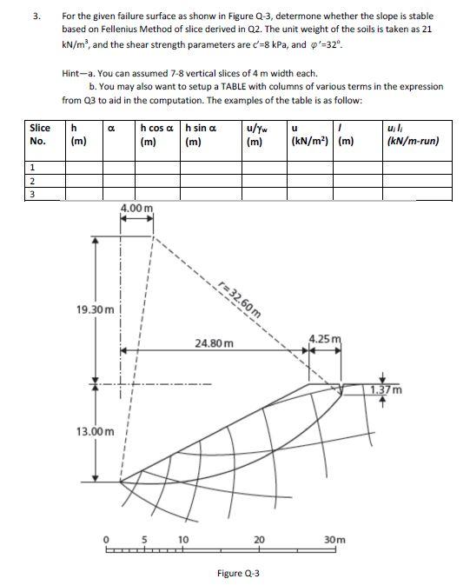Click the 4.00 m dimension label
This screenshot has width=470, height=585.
(x=136, y=209)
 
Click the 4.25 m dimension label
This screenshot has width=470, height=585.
(x=325, y=338)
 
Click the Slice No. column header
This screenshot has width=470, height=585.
(x=38, y=135)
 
